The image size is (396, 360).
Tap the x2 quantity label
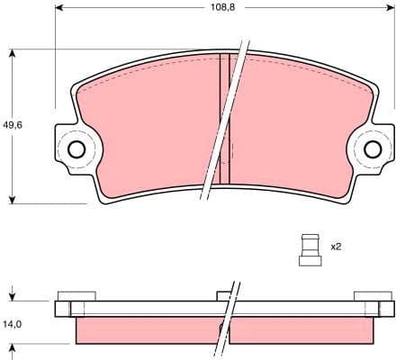[336, 246]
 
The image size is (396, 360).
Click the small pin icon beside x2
[310, 248]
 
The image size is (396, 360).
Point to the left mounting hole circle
[76, 148]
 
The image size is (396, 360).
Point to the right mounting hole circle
[373, 149]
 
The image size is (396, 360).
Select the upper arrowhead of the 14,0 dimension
[13, 296]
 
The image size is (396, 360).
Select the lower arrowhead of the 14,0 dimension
[13, 347]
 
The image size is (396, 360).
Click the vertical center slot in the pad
[225, 117]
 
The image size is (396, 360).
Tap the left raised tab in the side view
[76, 295]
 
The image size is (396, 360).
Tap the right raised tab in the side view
[373, 295]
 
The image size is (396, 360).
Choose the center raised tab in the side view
[225, 295]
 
